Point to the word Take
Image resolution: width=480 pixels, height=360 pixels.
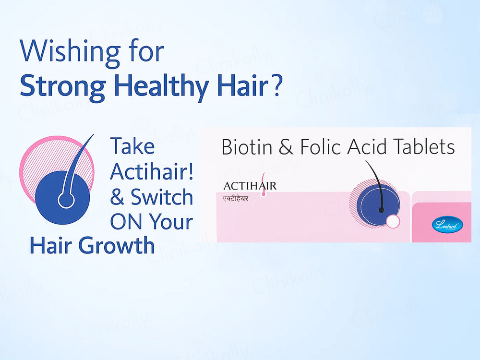132,146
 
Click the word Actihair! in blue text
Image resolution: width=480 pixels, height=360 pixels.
152,171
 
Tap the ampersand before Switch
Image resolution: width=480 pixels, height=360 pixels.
117,197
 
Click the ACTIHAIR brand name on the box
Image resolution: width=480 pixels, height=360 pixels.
250,185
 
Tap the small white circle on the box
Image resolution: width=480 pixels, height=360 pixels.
393,222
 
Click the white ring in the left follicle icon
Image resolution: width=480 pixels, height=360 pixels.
66,200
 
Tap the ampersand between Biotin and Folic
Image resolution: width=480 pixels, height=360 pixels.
286,147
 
